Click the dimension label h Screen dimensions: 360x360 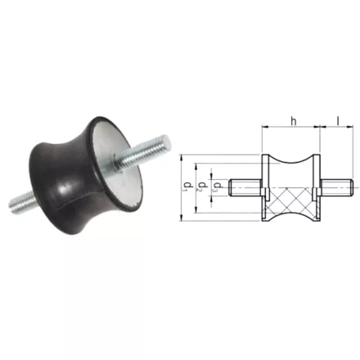click(294, 121)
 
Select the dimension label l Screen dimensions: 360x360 click(338, 121)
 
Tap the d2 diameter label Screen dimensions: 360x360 click(201, 186)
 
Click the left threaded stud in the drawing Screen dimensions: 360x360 click(245, 187)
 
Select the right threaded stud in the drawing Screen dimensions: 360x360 click(336, 187)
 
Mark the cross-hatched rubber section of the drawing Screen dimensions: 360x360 click(290, 202)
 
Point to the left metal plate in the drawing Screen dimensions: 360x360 click(265, 187)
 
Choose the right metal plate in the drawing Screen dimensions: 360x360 click(316, 187)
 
